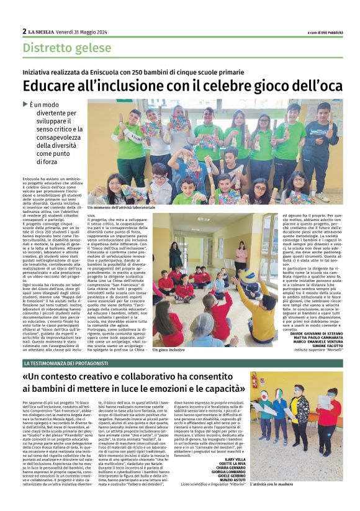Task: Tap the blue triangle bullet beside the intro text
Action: click(25, 104)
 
